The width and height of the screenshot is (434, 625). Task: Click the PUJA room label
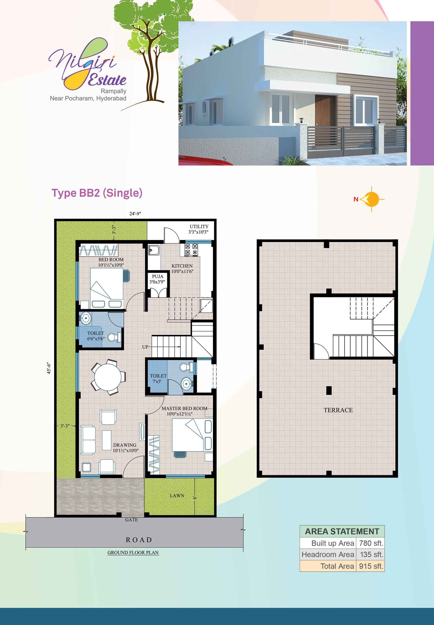pos(157,276)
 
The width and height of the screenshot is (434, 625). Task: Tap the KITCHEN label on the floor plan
pos(182,266)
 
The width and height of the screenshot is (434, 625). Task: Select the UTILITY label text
pos(199,226)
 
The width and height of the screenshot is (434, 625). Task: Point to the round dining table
pos(108,377)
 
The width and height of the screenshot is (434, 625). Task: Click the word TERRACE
pos(338,410)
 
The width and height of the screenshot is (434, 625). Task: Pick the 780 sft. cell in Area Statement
pos(371,543)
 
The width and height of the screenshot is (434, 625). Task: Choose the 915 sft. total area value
pos(371,566)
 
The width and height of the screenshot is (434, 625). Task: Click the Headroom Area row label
pos(328,555)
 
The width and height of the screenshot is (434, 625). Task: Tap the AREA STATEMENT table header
pos(342,531)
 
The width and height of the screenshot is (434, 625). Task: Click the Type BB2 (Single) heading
pos(97,193)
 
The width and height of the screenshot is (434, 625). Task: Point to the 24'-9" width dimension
pos(135,214)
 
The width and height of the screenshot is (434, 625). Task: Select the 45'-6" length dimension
pos(49,368)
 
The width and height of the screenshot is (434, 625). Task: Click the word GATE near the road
pos(131,520)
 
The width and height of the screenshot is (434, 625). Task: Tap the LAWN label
pos(177,496)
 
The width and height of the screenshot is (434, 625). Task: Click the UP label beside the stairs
pos(145,347)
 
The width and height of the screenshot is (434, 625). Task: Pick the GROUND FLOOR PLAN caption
pos(133,553)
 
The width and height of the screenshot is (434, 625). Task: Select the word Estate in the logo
pos(107,80)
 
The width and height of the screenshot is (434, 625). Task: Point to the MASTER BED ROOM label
pos(184,408)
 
